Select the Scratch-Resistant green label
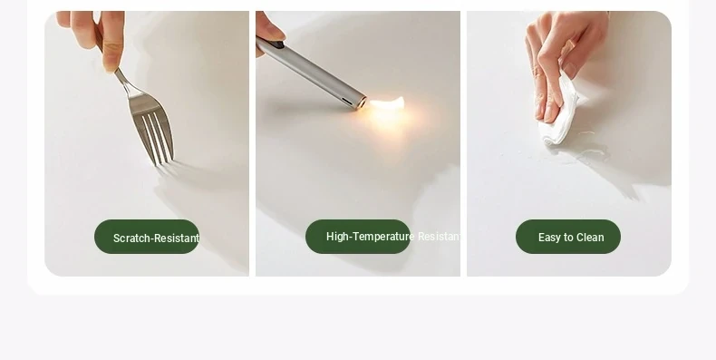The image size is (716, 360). [147, 237]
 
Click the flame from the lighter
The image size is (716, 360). [387, 103]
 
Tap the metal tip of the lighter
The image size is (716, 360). [360, 102]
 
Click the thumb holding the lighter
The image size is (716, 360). [269, 30]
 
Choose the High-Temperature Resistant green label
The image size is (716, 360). [358, 237]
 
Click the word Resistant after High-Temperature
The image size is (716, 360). [439, 237]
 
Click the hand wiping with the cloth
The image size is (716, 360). [563, 59]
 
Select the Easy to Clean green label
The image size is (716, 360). [568, 237]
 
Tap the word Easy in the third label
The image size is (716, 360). [549, 238]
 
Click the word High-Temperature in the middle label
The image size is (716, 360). [371, 237]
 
